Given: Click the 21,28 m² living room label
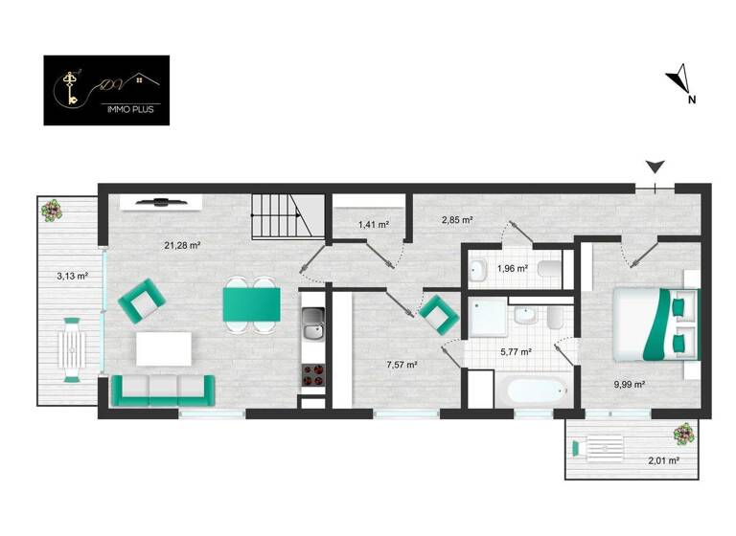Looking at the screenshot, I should coord(181,245).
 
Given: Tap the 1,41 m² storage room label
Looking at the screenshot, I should coord(373,225).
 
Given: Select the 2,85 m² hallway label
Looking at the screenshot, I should coord(457,220).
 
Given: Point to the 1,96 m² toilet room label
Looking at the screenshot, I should coord(512,269).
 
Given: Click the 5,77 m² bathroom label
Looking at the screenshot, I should coord(516,351).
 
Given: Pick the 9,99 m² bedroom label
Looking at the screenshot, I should coord(629,384).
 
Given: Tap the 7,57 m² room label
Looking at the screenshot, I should coord(402,364).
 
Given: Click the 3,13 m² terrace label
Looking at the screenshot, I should coord(72,277).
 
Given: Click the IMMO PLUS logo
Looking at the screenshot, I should coord(106,90).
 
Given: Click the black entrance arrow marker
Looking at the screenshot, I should coord(655,167).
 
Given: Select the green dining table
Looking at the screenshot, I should coord(251,304).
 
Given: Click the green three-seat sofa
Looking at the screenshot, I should coord(164,388).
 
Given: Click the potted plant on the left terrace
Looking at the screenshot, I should coord(51,209).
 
